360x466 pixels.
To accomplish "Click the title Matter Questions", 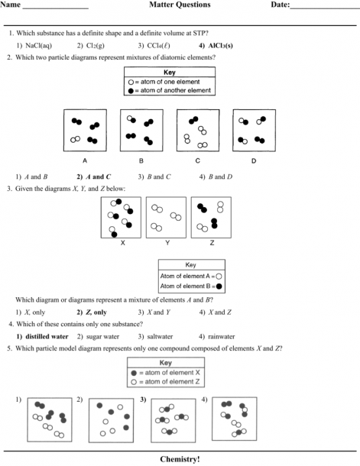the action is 180,5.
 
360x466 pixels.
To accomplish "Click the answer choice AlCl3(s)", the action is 221,46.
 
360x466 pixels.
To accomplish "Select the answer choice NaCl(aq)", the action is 39,46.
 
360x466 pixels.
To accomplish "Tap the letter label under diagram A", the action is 85,160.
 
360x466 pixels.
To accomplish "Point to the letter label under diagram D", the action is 254,160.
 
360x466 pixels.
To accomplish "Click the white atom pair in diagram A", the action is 75,139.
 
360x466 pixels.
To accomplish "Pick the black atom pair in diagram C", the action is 193,120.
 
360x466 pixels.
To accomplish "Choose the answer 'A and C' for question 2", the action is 98,176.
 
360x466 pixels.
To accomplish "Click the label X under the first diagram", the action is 122,243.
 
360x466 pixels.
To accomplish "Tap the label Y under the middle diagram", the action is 167,243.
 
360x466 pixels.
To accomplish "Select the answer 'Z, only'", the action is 96,312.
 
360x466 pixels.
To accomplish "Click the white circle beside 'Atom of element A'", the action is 219,277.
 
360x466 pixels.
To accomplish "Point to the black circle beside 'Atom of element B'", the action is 219,286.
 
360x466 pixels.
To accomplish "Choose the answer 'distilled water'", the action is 47,336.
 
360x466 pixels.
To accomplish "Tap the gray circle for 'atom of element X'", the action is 134,373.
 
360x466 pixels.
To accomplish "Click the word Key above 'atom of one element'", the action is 170,73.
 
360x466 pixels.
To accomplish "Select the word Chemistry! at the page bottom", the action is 180,459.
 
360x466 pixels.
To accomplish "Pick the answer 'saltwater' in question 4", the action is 160,336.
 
